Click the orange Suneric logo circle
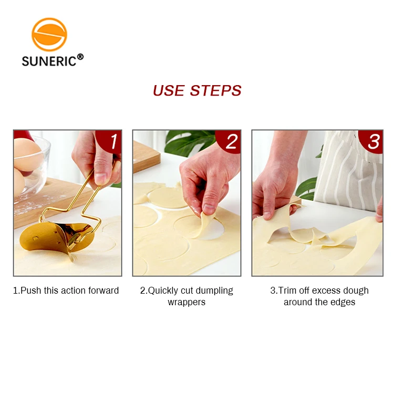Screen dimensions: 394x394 pyautogui.click(x=49, y=35)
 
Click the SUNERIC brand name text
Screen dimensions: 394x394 pyautogui.click(x=48, y=61)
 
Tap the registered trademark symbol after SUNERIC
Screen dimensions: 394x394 pyautogui.click(x=80, y=57)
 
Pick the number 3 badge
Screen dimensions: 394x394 pyautogui.click(x=373, y=141)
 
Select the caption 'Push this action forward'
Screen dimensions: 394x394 pyautogui.click(x=66, y=291)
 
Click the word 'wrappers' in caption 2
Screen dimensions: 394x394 pyautogui.click(x=186, y=302)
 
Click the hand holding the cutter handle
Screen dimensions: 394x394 pyautogui.click(x=95, y=158)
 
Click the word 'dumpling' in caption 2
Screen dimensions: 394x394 pyautogui.click(x=214, y=291)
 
